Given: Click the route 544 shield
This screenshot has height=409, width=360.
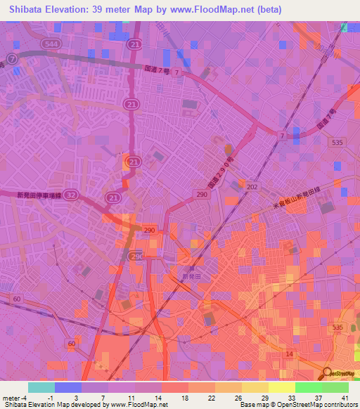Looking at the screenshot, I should click(x=51, y=44).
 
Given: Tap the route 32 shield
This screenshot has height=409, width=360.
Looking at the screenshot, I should click(x=72, y=198).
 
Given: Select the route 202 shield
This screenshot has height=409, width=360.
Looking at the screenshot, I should click(x=252, y=186).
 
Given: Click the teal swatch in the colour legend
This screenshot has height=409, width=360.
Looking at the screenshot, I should click(x=41, y=387).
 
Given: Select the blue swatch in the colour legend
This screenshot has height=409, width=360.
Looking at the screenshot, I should click(x=67, y=387).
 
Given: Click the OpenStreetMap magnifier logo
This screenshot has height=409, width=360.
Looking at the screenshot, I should click(x=328, y=372).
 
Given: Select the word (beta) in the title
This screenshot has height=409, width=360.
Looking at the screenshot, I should click(x=266, y=10).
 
